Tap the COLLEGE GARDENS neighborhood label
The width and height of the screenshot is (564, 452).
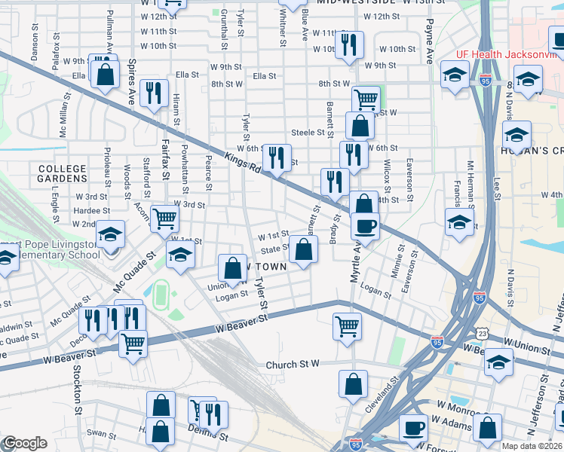[x=62, y=173]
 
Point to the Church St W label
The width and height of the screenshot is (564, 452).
[x=293, y=365]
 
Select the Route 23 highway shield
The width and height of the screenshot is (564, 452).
[x=482, y=333]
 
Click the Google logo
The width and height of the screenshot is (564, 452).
[x=24, y=443]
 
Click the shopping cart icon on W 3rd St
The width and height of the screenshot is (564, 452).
[x=164, y=218]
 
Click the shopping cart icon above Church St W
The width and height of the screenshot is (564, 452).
[x=347, y=326]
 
